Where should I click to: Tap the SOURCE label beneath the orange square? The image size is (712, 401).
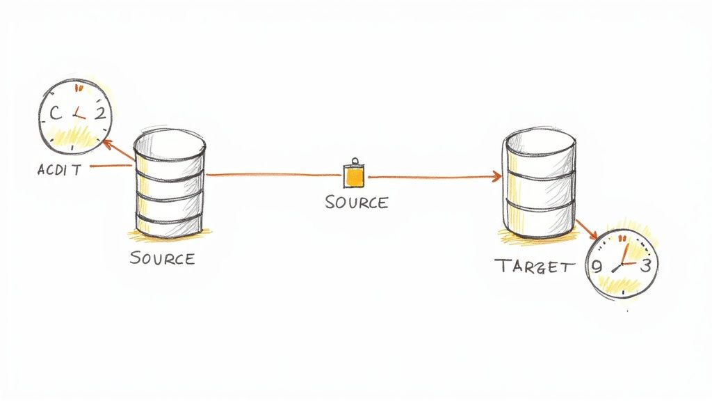pyautogui.click(x=356, y=203)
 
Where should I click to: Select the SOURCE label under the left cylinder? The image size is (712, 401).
pyautogui.click(x=162, y=258)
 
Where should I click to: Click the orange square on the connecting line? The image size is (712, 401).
pyautogui.click(x=355, y=177)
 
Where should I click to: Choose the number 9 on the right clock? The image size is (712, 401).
pyautogui.click(x=596, y=266)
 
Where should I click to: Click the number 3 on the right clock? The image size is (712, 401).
pyautogui.click(x=645, y=265)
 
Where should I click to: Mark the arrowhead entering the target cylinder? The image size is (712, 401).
pyautogui.click(x=497, y=178)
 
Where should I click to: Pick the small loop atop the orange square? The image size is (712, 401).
pyautogui.click(x=355, y=161)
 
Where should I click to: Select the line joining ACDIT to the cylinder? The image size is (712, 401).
pyautogui.click(x=111, y=166)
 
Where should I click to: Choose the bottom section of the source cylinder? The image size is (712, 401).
pyautogui.click(x=170, y=223)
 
